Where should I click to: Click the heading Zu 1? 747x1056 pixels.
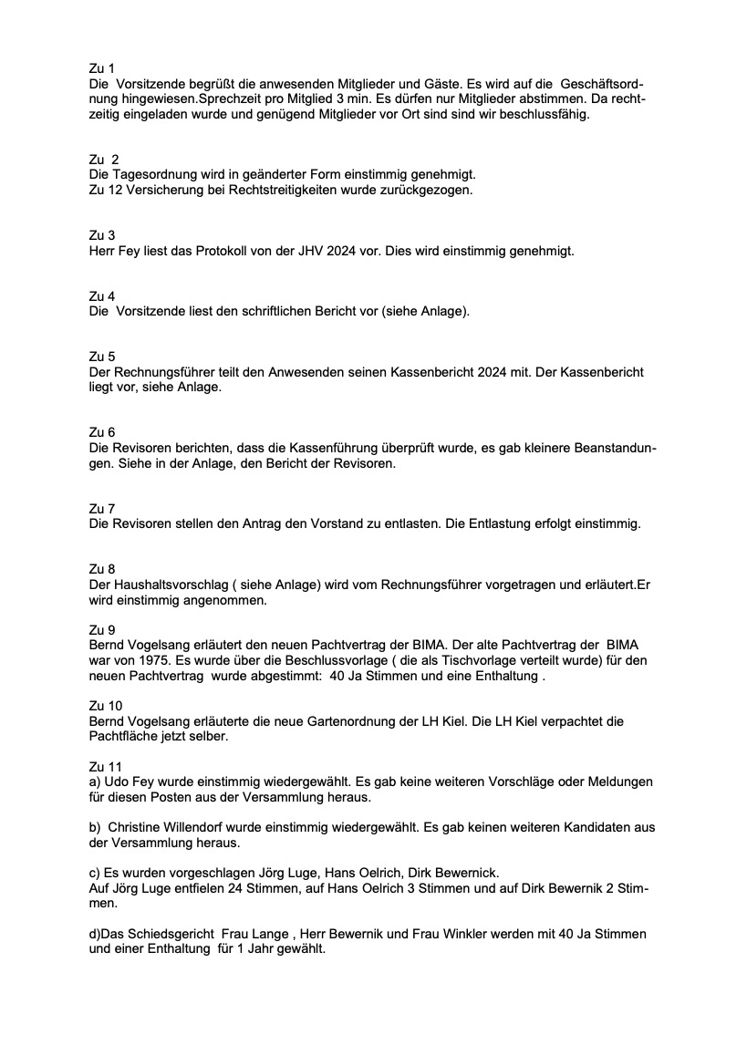pos(101,68)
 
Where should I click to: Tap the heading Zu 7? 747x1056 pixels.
pos(101,508)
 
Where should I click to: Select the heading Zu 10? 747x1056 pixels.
pos(105,706)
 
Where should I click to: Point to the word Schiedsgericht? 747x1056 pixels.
pos(165,934)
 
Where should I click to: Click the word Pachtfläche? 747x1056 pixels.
pos(125,737)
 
